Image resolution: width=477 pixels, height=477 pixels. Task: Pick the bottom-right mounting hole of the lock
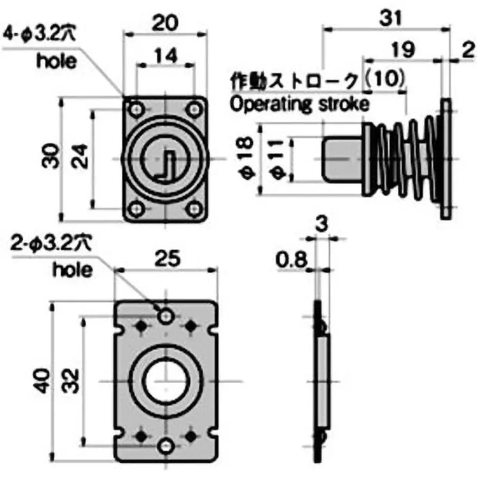click(x=194, y=208)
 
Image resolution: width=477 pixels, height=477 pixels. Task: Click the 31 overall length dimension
click(x=391, y=18)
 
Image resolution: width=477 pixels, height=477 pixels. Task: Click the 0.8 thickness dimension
click(x=290, y=259)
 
